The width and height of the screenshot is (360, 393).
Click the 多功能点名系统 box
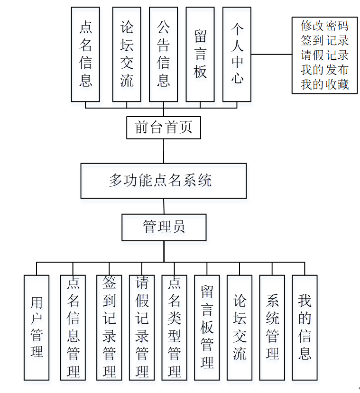coord(163,181)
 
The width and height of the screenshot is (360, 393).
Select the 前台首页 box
coord(164,128)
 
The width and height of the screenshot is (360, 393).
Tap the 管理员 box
coord(164,227)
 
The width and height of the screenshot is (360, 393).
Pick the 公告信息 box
coord(163,54)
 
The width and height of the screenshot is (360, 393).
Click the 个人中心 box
coord(237,54)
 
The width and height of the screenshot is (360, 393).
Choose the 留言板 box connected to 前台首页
coord(200,54)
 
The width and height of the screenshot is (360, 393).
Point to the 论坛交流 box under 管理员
coord(240,327)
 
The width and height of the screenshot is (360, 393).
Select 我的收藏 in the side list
coord(324,84)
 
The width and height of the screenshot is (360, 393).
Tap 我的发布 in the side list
coord(324,70)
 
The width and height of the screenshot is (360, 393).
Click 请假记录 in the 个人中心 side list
coord(324,55)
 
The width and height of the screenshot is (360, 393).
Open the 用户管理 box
coord(37,327)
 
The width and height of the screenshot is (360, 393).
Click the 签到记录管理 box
coord(109,327)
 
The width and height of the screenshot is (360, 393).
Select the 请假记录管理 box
coord(142,327)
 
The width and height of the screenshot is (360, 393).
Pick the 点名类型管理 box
coord(174,327)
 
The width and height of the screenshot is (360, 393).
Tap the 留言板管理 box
coord(207,327)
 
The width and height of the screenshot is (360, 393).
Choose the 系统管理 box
coord(272,327)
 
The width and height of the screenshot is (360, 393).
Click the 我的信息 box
coord(305,327)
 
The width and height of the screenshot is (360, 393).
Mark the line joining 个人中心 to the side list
coord(271,55)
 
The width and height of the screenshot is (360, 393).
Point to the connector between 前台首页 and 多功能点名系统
coord(164,151)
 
